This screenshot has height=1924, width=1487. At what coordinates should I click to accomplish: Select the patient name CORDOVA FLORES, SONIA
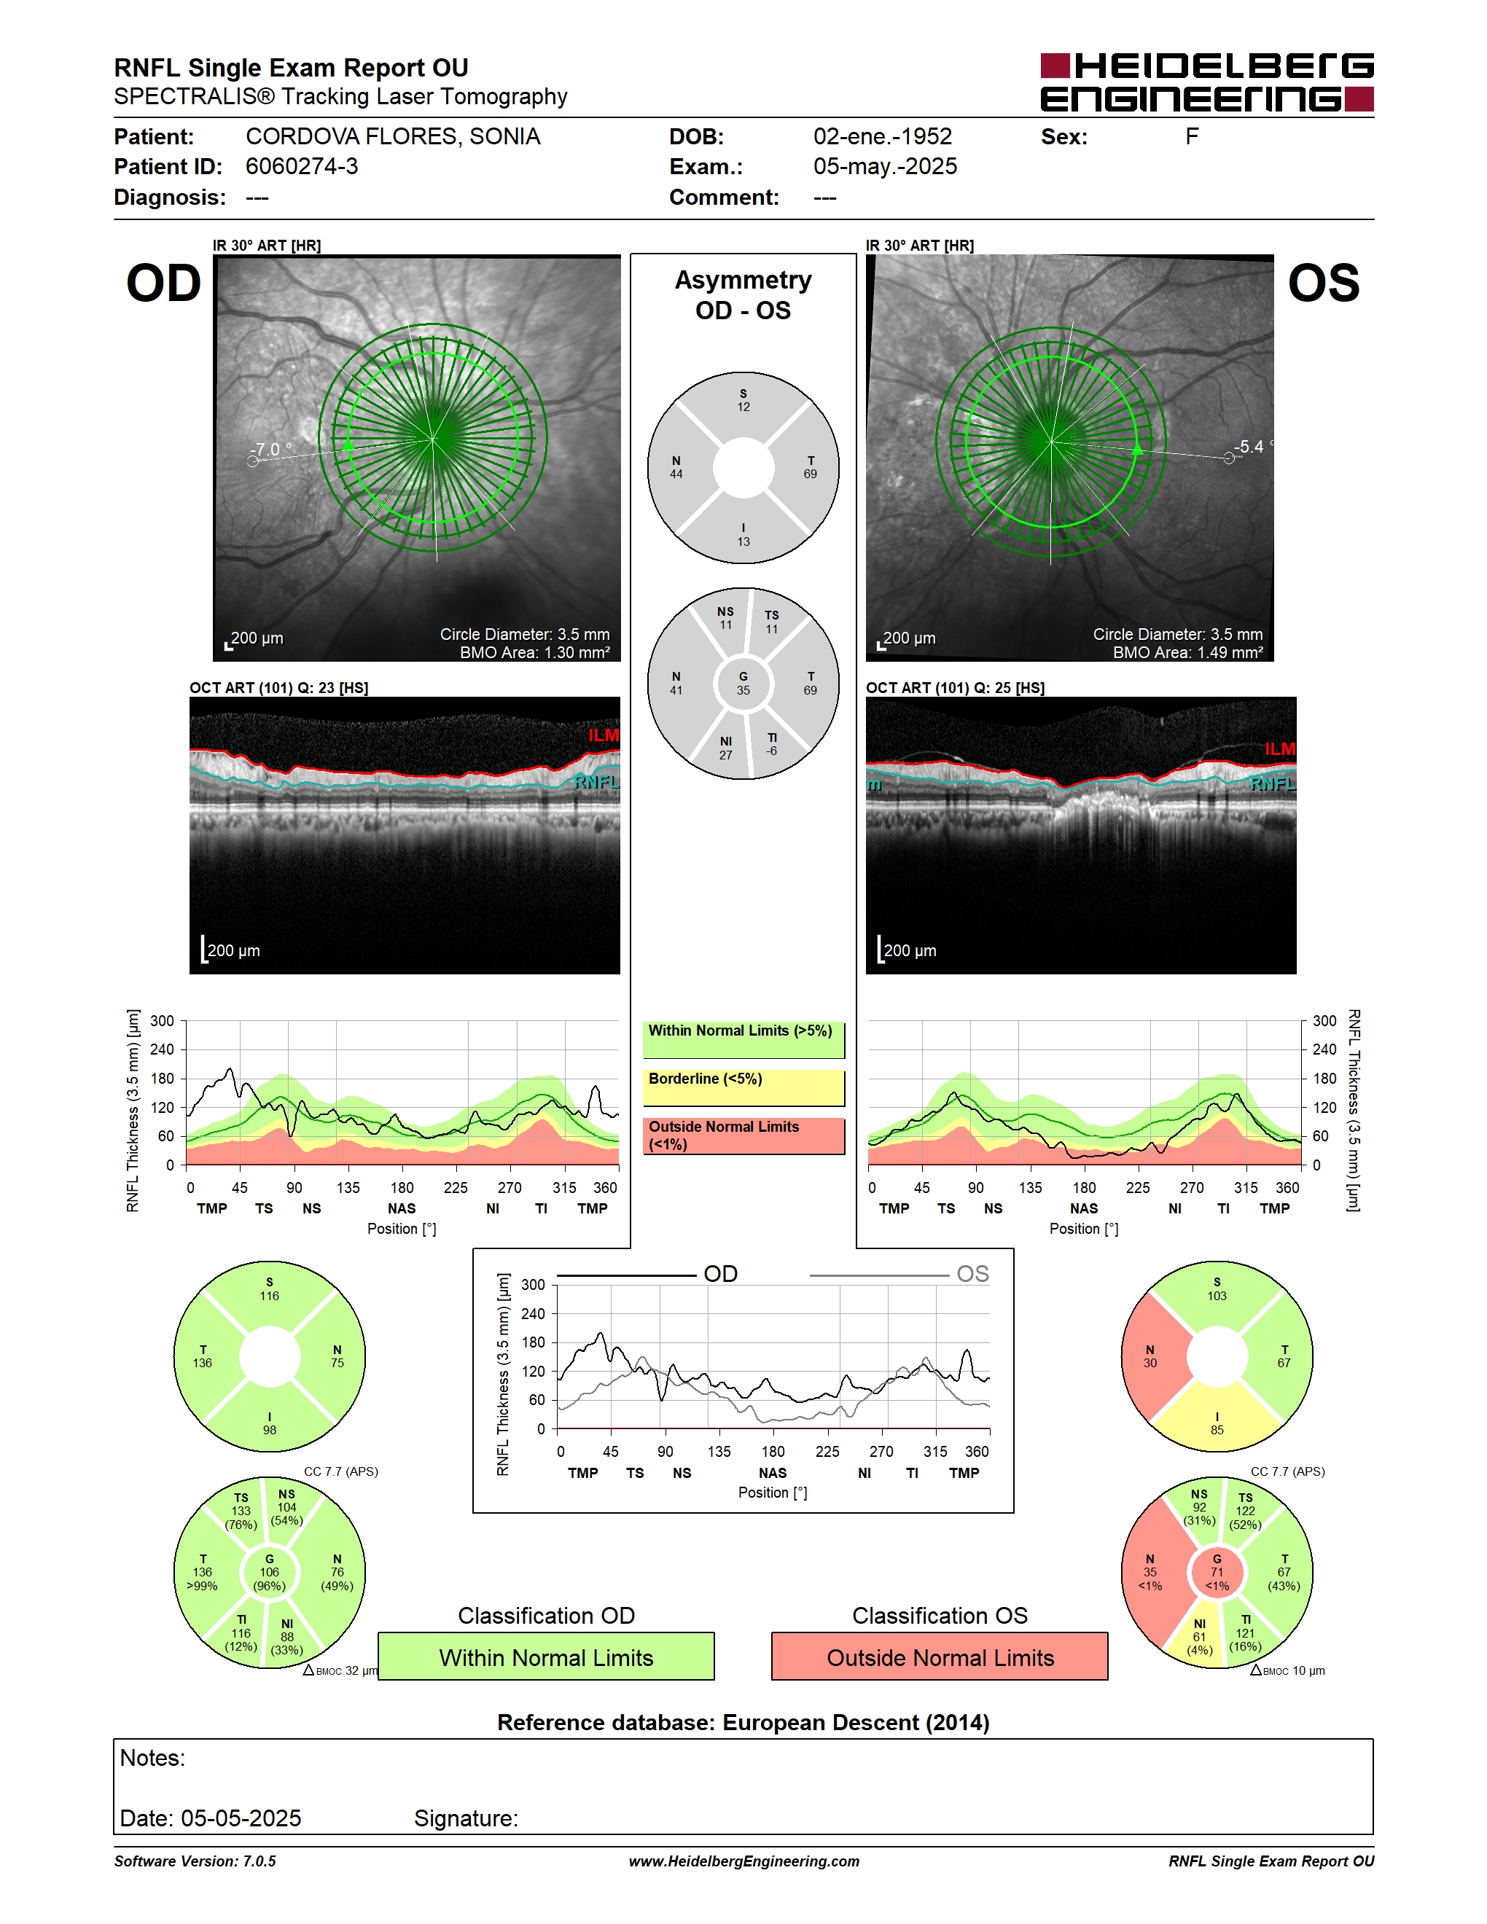click(393, 136)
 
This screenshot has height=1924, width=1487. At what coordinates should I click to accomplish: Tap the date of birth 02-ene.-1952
click(883, 136)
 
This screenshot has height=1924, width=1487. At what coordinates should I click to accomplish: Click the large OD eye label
click(164, 283)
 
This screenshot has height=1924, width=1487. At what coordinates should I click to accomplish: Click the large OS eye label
click(1323, 283)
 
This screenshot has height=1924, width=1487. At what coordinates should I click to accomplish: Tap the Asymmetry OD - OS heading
click(743, 295)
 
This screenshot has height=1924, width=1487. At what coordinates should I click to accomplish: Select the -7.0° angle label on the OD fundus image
click(271, 449)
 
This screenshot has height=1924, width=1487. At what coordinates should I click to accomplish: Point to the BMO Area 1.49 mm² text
click(1187, 653)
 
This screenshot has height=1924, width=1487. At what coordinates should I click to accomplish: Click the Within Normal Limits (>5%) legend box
click(743, 1039)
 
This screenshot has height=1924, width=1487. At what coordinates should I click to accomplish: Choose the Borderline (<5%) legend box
click(743, 1088)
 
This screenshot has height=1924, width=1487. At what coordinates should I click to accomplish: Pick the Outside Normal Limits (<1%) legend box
click(743, 1135)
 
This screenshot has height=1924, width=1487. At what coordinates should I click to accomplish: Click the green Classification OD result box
click(546, 1657)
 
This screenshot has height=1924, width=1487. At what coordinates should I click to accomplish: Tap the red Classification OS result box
click(940, 1657)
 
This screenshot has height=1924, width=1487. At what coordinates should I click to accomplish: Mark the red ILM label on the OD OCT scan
click(604, 735)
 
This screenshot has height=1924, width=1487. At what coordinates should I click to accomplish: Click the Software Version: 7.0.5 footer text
click(195, 1861)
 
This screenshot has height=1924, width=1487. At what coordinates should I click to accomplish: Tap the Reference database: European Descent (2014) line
click(743, 1722)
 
